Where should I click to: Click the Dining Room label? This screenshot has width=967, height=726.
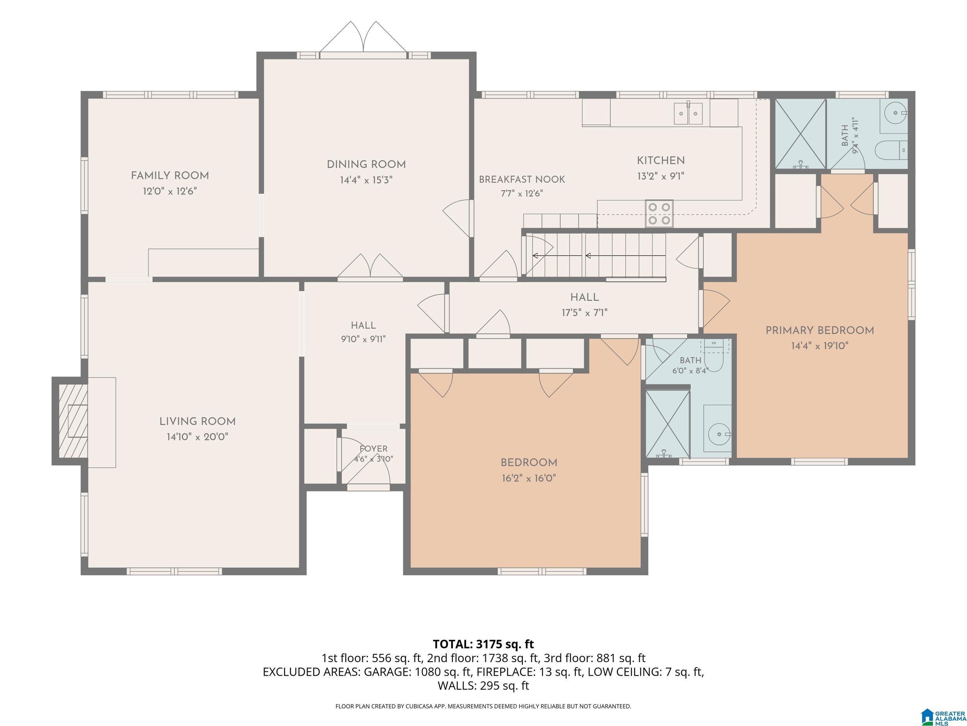366,165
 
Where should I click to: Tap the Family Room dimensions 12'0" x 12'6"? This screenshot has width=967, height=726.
170,191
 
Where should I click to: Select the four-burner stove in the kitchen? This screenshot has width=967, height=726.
659,214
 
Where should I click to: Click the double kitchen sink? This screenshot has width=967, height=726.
688,113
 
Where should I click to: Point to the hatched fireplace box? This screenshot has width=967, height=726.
73,421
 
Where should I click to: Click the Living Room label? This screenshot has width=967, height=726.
198,421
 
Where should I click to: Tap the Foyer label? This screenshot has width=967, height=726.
373,448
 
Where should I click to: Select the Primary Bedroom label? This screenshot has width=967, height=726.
820,330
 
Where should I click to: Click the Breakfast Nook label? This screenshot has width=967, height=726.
522,179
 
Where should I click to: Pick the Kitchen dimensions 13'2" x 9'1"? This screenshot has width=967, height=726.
661,176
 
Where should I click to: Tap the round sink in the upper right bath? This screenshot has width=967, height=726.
895,113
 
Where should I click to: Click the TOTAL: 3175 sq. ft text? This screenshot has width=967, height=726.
483,644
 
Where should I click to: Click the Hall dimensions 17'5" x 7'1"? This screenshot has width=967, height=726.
584,313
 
